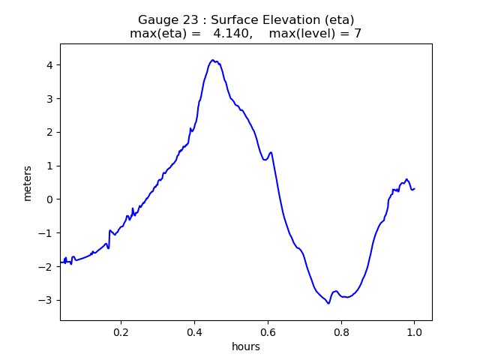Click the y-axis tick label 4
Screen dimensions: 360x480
point(49,65)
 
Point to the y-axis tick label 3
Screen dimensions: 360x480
point(49,99)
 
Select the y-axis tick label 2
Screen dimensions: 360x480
point(49,132)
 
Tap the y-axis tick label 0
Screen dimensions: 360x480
point(49,199)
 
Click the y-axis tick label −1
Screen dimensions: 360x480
point(46,233)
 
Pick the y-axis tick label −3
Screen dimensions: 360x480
point(46,300)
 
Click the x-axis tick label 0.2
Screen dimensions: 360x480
point(121,332)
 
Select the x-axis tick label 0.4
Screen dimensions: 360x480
point(194,332)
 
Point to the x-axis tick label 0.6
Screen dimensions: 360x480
point(268,332)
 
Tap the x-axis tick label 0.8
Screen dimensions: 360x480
point(341,332)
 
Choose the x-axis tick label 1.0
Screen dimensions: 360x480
point(414,332)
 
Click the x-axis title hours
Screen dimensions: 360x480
point(246,346)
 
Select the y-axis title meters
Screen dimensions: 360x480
point(28,182)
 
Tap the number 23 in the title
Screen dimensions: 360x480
point(184,20)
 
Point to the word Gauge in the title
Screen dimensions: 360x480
point(155,20)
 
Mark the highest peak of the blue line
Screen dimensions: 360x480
point(213,60)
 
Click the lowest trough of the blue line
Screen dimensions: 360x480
point(328,303)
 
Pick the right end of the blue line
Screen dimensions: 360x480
point(415,188)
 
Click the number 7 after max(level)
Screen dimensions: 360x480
point(358,34)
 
